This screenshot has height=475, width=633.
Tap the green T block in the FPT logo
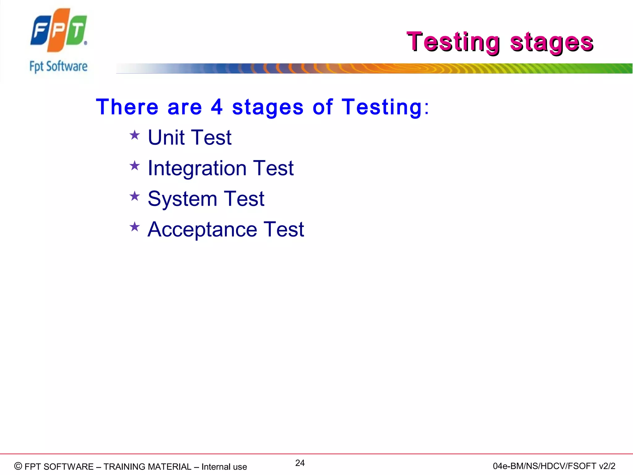[x=76, y=32]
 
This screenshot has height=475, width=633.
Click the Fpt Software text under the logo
[x=58, y=66]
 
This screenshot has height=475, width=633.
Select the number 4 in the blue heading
[x=216, y=107]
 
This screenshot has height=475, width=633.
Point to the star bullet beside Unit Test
[x=134, y=135]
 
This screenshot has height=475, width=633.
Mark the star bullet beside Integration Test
[x=134, y=166]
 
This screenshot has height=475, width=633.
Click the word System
[x=182, y=199]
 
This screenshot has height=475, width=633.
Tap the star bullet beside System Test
[x=134, y=196]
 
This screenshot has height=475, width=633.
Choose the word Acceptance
[x=202, y=229]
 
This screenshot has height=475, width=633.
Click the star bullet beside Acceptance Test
[x=134, y=227]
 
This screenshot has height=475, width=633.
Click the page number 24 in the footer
[x=300, y=463]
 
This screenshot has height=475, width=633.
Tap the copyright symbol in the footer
[x=18, y=466]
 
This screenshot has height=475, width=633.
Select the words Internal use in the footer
[x=224, y=467]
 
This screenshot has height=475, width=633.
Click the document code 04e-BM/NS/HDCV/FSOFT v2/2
[x=554, y=466]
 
